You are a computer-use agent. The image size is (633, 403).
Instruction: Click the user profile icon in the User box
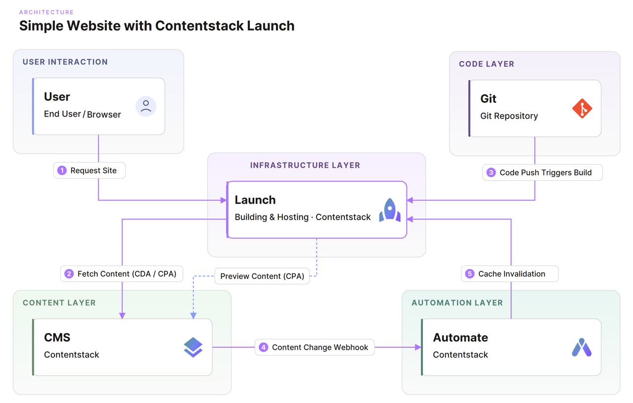coord(146,106)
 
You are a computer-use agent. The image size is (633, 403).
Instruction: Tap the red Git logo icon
coord(582,108)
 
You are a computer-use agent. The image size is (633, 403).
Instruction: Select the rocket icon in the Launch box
coord(390,210)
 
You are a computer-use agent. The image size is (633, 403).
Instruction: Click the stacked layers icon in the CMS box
coord(193,347)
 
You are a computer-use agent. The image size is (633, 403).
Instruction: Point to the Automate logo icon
coord(582,348)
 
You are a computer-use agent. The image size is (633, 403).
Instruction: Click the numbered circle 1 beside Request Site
coord(62,171)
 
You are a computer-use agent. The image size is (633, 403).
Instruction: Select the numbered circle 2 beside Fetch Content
coord(69,274)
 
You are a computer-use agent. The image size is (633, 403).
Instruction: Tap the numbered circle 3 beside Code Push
coord(491,173)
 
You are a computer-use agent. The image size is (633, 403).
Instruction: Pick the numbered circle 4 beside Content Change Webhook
coord(264,348)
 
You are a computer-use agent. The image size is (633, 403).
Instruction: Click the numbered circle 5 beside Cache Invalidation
coord(470,274)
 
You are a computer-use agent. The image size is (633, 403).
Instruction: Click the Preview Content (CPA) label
coord(262,276)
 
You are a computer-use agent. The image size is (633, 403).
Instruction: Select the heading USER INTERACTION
coord(65,62)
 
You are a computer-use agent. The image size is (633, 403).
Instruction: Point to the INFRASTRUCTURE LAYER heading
coord(305,165)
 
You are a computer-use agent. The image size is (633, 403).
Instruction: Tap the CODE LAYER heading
coord(487,64)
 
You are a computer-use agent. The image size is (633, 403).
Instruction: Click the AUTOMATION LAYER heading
coord(457,303)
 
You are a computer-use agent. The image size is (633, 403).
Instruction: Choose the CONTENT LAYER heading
coord(59,303)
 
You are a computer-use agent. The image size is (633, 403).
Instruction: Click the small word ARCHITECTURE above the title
coord(46,12)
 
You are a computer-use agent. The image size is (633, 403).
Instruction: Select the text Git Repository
coord(509,116)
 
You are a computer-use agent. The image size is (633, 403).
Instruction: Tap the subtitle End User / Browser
coord(82,114)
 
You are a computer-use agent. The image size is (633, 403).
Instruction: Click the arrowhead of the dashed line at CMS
coord(193,315)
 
